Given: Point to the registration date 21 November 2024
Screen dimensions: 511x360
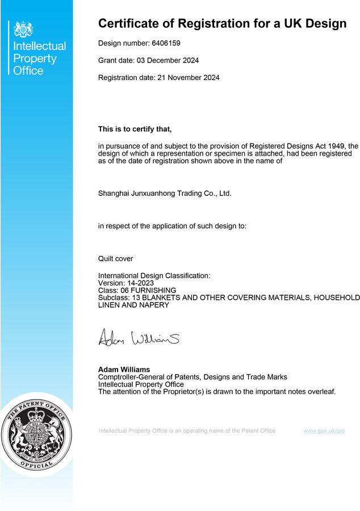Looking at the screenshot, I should pyautogui.click(x=188, y=77).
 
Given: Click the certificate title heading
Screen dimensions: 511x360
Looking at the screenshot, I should pyautogui.click(x=222, y=23).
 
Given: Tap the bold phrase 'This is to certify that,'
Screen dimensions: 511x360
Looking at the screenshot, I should pyautogui.click(x=135, y=129).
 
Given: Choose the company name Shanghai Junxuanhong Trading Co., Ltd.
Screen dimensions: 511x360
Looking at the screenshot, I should pyautogui.click(x=165, y=193).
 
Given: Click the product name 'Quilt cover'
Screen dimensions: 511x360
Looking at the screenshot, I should pyautogui.click(x=116, y=258).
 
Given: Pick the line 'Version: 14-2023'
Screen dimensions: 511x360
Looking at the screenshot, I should pyautogui.click(x=126, y=283).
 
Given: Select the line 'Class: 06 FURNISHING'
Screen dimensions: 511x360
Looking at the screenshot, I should pyautogui.click(x=137, y=290).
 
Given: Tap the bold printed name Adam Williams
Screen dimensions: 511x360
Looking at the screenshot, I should pyautogui.click(x=124, y=370).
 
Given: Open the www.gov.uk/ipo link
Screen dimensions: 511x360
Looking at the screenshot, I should pyautogui.click(x=324, y=431).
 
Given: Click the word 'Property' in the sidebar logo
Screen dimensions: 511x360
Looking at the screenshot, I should pyautogui.click(x=35, y=58).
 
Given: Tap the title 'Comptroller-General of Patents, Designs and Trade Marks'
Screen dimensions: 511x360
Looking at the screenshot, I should pyautogui.click(x=192, y=377).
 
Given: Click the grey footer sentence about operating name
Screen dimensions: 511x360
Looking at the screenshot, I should pyautogui.click(x=187, y=431).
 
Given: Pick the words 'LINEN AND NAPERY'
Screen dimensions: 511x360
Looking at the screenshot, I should pyautogui.click(x=133, y=305).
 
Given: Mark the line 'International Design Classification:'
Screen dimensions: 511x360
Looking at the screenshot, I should pyautogui.click(x=154, y=275).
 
